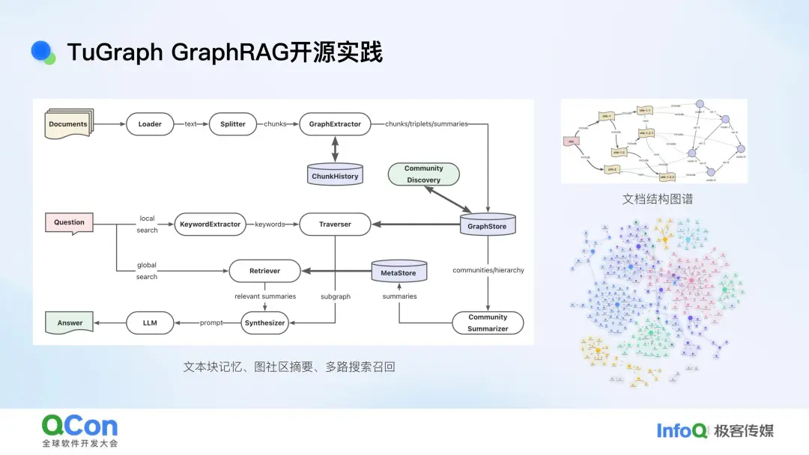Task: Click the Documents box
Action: tap(69, 124)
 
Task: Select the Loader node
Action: tap(150, 124)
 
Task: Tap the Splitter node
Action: tap(233, 124)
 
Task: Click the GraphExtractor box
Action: tap(335, 124)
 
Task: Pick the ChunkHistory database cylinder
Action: tap(335, 175)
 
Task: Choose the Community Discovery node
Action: tap(423, 174)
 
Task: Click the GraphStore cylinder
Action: tap(487, 225)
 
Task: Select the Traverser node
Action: tap(335, 224)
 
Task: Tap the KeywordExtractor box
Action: tap(210, 224)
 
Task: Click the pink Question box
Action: tap(69, 222)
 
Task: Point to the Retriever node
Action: tap(264, 271)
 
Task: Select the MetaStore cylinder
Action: tap(399, 272)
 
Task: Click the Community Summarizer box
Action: tap(488, 323)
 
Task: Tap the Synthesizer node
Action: tap(264, 323)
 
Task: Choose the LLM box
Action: tap(150, 323)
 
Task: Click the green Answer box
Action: tap(70, 323)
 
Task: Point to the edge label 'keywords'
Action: tap(270, 224)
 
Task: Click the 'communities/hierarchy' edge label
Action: tap(488, 270)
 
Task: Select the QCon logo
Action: tap(79, 431)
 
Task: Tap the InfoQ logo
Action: tap(682, 430)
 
